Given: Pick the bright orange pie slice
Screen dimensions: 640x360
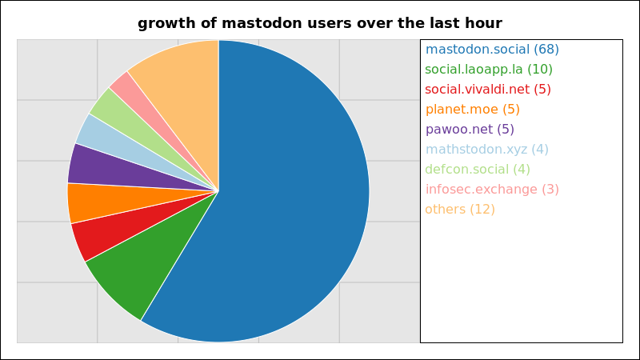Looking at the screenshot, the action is tap(110, 202).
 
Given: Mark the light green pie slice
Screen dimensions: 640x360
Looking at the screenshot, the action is tap(130, 126).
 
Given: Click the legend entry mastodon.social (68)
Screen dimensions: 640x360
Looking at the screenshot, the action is tap(492, 50).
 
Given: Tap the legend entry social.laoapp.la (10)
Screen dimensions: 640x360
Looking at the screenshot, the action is tap(489, 70).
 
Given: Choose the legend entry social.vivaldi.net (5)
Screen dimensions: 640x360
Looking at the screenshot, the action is tap(488, 90).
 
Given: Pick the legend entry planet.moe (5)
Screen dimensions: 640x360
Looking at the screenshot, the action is tap(472, 110).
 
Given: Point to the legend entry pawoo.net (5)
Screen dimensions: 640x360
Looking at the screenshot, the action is tap(470, 130).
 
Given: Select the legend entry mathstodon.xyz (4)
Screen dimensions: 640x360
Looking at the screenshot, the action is tap(487, 150).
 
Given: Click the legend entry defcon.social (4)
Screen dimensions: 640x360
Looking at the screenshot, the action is tap(478, 170).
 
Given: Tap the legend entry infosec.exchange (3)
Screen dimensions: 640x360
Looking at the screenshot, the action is tap(492, 190).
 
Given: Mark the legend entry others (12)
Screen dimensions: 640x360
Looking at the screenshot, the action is tap(460, 210).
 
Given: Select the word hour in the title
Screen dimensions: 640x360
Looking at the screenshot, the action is tap(483, 23).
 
